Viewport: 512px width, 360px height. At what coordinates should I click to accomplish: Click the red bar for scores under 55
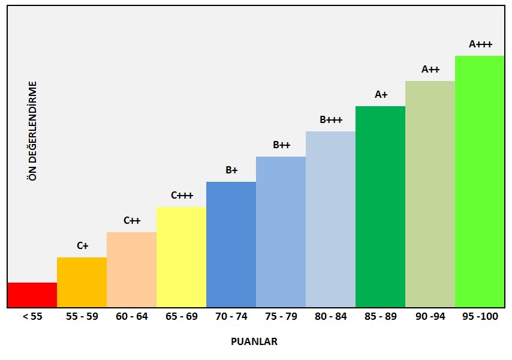coord(32,295)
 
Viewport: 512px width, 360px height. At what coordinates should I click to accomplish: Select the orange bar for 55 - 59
coord(82,282)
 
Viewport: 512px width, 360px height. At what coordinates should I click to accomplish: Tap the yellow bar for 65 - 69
coord(181,257)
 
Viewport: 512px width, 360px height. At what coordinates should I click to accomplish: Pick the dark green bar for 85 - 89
coord(380,206)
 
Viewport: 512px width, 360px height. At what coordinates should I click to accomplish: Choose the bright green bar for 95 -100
coord(480,181)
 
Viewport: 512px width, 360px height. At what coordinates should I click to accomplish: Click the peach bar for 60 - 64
coord(131,269)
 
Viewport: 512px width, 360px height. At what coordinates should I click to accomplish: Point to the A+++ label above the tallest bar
coord(480,44)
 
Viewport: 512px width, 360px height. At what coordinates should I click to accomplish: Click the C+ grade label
coord(82,245)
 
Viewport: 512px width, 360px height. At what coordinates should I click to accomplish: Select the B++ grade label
coord(281,145)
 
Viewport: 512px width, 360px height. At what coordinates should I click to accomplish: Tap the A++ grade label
coord(430,69)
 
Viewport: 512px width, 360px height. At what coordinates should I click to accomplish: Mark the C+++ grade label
coord(182,195)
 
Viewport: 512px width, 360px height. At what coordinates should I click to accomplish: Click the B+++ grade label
coord(331,119)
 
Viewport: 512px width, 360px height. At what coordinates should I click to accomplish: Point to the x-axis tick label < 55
coord(32,317)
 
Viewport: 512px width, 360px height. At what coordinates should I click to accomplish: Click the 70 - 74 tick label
coord(231,317)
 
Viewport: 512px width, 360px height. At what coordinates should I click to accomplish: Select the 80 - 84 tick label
coord(330,317)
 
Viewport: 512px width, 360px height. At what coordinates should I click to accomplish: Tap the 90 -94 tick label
coord(430,317)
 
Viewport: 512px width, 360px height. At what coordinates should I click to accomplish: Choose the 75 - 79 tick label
coord(281,317)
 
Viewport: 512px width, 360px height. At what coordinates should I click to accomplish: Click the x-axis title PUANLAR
coord(254,341)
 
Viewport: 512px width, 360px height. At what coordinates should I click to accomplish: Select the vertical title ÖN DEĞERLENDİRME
coord(33,131)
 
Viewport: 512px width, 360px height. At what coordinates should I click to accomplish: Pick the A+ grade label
coord(381,94)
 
